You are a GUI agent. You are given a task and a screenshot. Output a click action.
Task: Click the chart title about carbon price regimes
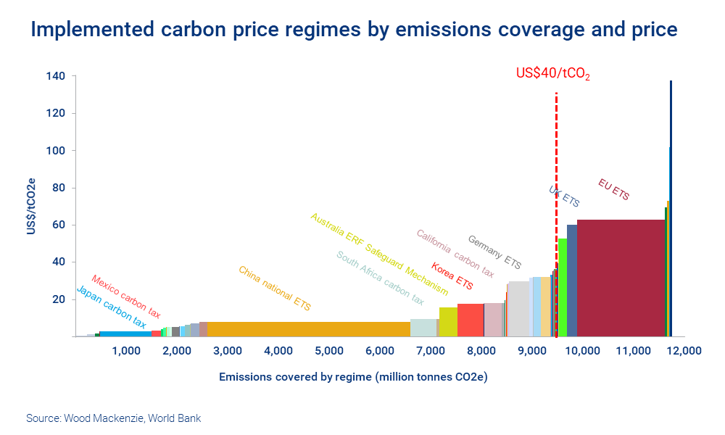tap(354, 30)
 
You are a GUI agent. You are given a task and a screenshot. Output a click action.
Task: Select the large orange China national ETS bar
tap(308, 329)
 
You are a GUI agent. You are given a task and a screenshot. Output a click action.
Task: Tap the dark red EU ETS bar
tap(621, 278)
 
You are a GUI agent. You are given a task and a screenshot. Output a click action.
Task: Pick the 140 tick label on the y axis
tap(59, 76)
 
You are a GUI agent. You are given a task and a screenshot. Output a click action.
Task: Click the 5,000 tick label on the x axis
tap(329, 351)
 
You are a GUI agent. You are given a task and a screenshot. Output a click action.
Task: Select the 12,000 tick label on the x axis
tap(684, 351)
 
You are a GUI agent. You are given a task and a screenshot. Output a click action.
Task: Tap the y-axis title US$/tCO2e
tap(30, 205)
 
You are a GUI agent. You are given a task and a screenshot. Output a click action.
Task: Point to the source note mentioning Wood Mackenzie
tap(113, 418)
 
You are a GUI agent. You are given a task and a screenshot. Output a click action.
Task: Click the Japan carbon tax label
tap(112, 308)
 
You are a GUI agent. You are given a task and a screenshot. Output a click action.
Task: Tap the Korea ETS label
tap(452, 276)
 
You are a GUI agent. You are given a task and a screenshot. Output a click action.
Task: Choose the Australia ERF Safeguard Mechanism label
tap(379, 254)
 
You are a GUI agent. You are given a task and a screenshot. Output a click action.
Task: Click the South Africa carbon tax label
tap(380, 278)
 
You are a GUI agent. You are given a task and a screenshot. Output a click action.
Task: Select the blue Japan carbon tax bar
tap(125, 333)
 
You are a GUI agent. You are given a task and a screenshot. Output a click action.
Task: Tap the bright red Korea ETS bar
tap(471, 320)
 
